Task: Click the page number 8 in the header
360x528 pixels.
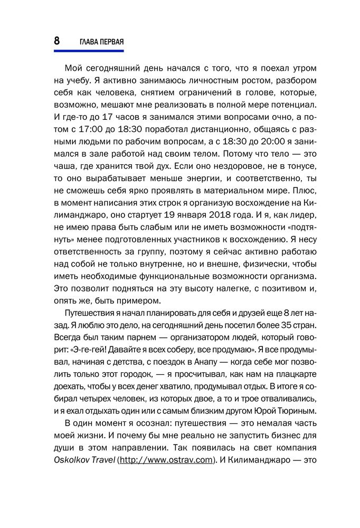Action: (56, 41)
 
